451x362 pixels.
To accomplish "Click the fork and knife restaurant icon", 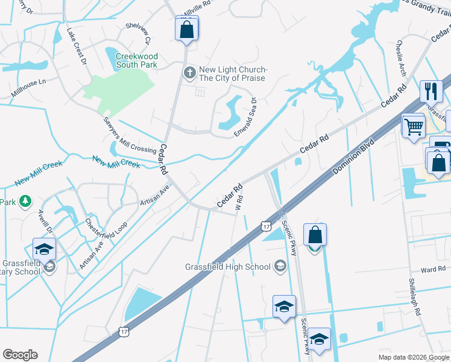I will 430,92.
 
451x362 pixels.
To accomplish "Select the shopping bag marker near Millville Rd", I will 186,29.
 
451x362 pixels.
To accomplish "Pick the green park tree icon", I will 25,201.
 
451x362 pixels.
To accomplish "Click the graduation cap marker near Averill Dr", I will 45,249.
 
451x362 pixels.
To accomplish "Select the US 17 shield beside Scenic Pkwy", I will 266,226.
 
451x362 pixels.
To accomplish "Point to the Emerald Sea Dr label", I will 245,117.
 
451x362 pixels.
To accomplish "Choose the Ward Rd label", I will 433,269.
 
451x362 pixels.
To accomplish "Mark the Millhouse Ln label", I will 28,88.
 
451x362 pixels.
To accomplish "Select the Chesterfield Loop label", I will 106,226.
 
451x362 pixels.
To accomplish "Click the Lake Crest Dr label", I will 77,46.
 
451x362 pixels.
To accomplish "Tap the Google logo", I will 20,354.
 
